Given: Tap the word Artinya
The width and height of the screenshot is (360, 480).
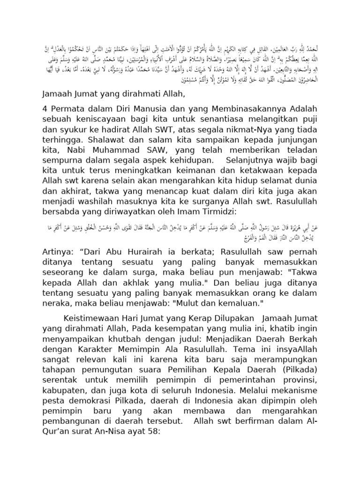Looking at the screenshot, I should [58, 252].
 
